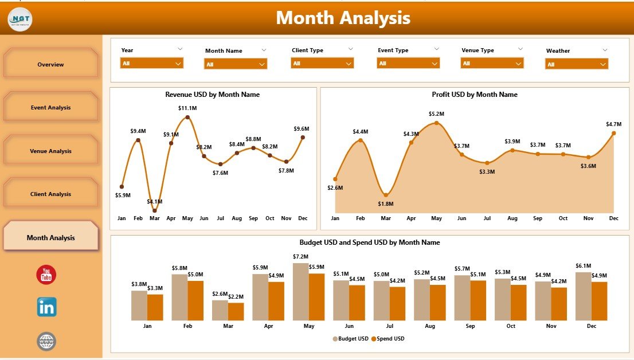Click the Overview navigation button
[50, 64]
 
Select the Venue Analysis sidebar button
[50, 151]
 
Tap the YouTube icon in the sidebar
[46, 275]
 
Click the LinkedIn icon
[46, 308]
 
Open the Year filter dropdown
[151, 64]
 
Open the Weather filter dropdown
[576, 64]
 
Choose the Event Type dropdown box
[408, 64]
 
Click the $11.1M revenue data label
[187, 108]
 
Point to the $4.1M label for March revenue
[154, 202]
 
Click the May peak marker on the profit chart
[437, 122]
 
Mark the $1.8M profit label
[386, 204]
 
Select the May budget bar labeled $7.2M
[300, 291]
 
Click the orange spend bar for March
[236, 311]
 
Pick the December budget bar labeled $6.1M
[584, 296]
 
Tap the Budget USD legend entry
[351, 339]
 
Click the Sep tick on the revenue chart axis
[253, 218]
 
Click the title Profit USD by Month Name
[474, 95]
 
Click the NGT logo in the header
[20, 19]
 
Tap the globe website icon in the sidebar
[46, 342]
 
